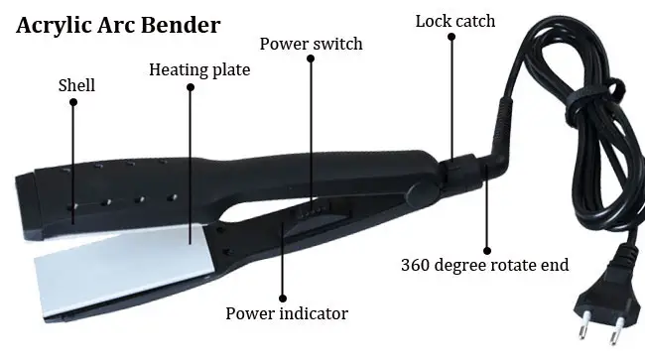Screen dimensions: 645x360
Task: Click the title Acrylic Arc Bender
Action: point(117,25)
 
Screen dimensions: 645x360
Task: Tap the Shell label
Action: point(76,85)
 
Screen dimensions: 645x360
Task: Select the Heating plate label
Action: point(199,70)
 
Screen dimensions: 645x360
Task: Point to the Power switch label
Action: point(311,45)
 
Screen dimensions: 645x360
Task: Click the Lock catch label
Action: point(454,21)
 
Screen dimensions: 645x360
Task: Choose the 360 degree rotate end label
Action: point(484,265)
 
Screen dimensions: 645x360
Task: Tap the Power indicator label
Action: point(287,313)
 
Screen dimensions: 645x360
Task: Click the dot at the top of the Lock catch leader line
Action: point(451,37)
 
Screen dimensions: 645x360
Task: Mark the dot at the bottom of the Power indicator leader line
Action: point(282,297)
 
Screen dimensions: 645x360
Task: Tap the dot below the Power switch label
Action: point(311,59)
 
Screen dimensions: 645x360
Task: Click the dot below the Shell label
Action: point(72,101)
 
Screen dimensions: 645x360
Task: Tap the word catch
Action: point(475,21)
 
